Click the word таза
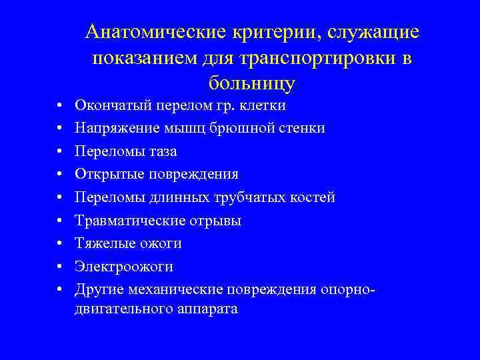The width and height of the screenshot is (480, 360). [162, 151]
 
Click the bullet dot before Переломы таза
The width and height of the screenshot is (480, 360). [59, 152]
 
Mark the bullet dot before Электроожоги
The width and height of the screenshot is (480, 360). [59, 267]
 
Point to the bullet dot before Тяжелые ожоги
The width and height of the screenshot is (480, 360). [59, 244]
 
